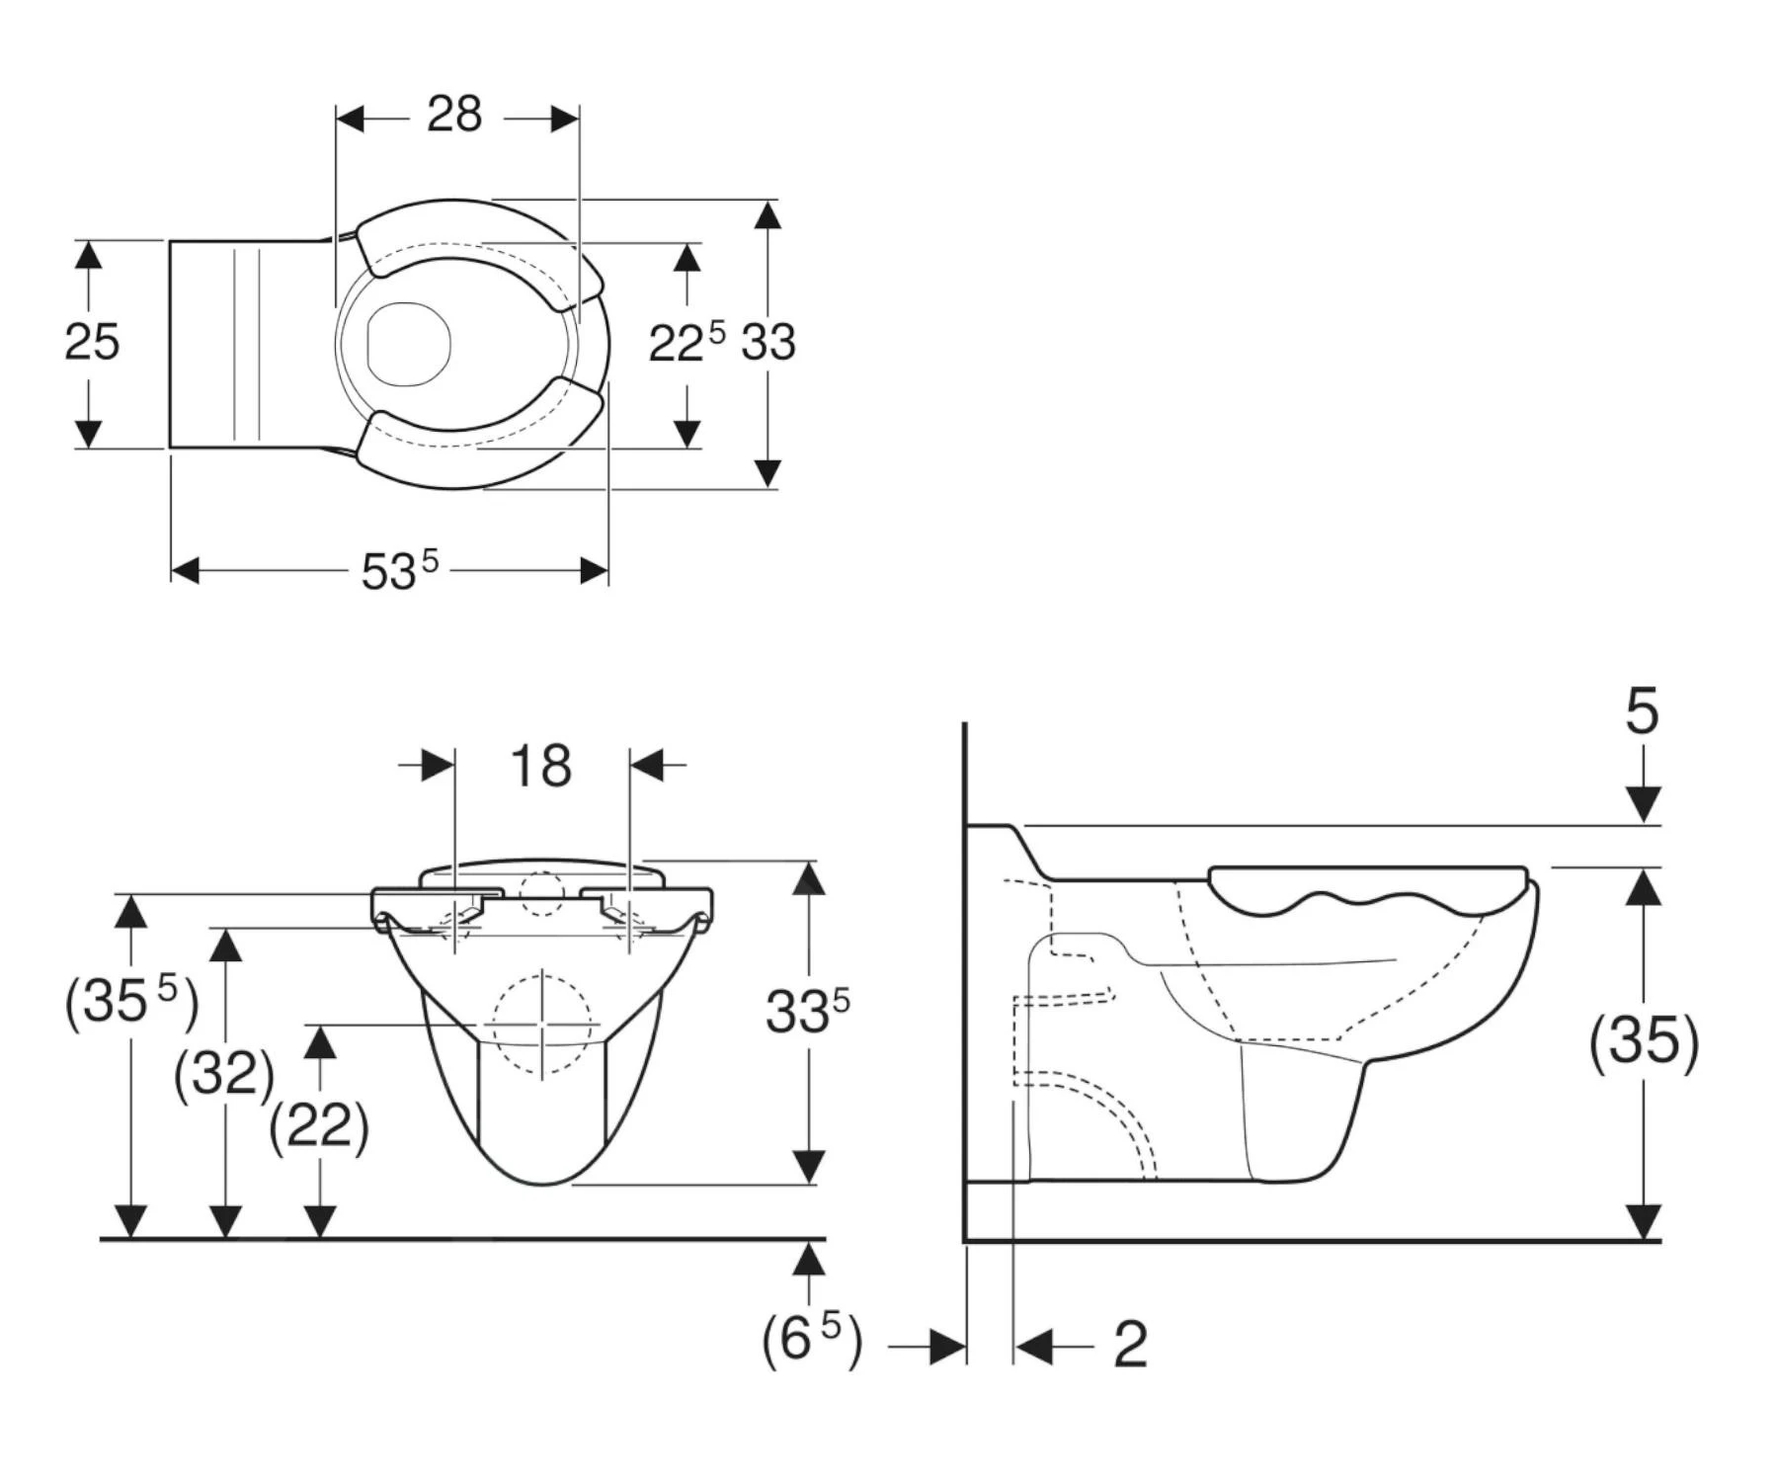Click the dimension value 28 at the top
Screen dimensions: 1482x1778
[x=454, y=115]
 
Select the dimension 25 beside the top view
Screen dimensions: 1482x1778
[x=92, y=343]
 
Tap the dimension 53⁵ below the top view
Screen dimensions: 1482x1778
[x=398, y=570]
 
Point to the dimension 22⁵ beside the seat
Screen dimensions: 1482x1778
[x=686, y=342]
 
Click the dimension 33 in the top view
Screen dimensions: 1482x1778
[x=768, y=343]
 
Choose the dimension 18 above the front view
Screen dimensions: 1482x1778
[x=540, y=766]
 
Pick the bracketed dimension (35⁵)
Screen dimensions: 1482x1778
[x=130, y=1001]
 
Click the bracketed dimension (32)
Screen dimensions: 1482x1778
[x=224, y=1073]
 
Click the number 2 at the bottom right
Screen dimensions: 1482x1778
[x=1130, y=1345]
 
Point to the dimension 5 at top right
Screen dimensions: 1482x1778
[x=1642, y=711]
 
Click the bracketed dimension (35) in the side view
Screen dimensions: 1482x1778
[x=1644, y=1040]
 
